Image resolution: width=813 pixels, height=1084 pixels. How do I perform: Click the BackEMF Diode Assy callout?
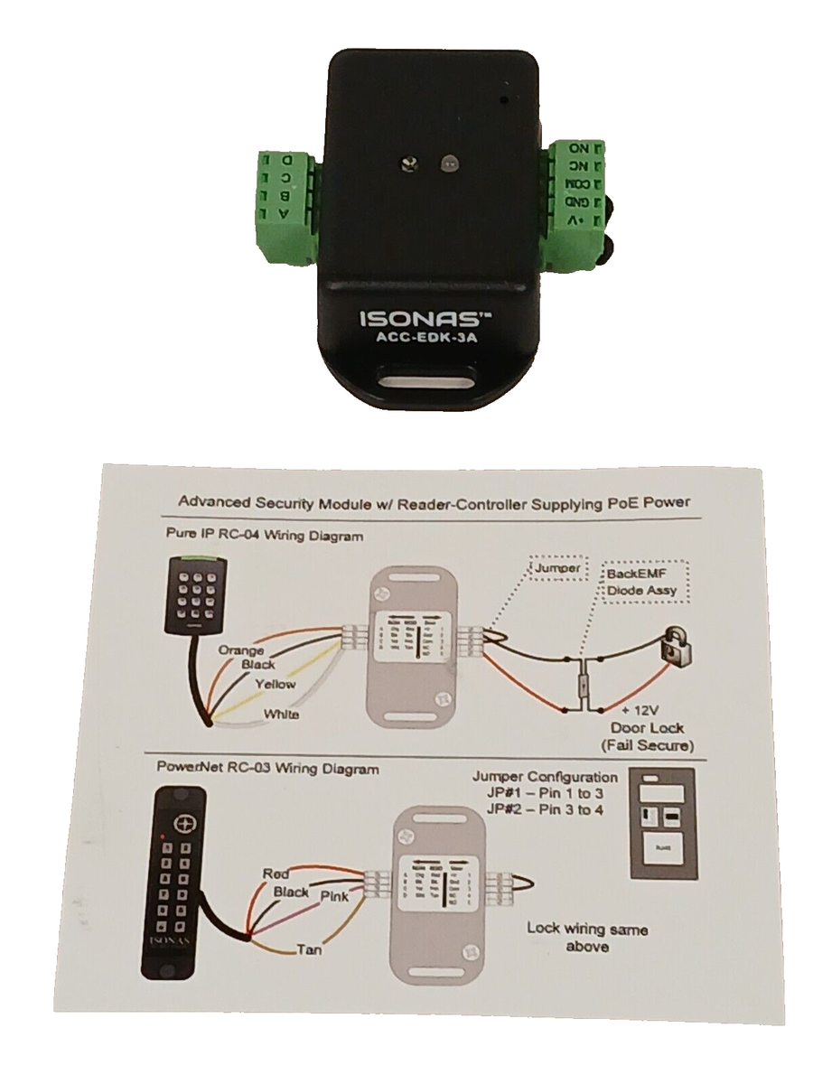tap(641, 582)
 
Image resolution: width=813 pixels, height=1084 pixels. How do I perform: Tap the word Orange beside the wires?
tap(241, 649)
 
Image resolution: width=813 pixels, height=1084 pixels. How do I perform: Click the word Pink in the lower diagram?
tap(335, 896)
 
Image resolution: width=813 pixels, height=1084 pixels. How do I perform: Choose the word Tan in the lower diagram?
tap(309, 949)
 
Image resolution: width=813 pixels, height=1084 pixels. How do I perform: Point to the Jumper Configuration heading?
tap(546, 777)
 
